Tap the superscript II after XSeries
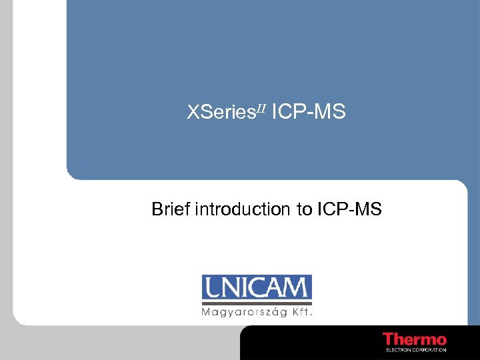tap(260, 108)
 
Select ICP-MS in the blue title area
tap(309, 113)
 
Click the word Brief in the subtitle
tap(170, 210)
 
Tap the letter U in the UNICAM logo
tap(214, 288)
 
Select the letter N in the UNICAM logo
tap(231, 288)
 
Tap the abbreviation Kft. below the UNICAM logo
tap(301, 311)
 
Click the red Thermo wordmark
tap(414, 339)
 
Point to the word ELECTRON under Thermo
tap(398, 349)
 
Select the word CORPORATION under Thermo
tap(429, 349)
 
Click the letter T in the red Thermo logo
tap(388, 339)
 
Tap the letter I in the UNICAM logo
tap(244, 288)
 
